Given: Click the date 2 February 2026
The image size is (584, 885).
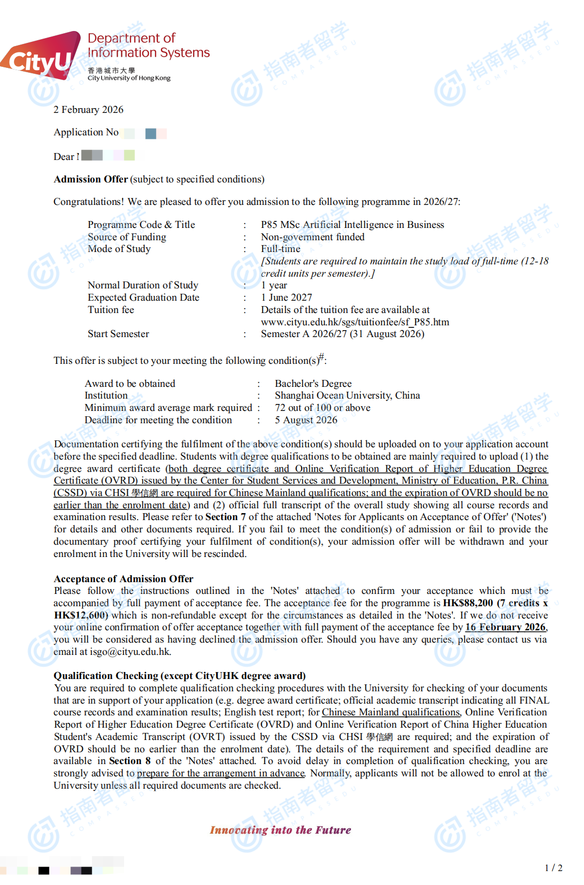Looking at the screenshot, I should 88,110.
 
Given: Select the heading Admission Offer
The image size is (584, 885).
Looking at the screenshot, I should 90,179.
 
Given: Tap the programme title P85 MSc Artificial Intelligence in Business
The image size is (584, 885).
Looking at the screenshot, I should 352,225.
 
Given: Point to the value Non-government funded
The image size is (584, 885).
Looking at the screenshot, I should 312,237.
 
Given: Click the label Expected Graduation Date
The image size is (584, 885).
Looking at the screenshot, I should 143,297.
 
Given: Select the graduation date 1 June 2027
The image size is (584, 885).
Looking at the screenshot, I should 286,297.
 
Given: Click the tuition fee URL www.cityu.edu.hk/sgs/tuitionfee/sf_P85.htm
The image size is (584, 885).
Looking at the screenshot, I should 355,322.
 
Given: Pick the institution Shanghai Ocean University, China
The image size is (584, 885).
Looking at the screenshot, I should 347,395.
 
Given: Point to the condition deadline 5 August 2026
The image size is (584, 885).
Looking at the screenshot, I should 306,420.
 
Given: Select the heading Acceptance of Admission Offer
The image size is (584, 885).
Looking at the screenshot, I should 123,579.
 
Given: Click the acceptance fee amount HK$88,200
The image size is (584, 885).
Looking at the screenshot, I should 468,603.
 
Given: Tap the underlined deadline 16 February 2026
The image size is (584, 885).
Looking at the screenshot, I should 505,627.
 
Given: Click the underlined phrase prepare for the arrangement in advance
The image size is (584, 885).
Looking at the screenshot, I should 220,773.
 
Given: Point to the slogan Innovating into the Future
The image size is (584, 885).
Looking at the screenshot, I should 280,830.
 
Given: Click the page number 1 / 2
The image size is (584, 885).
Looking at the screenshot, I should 553,868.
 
